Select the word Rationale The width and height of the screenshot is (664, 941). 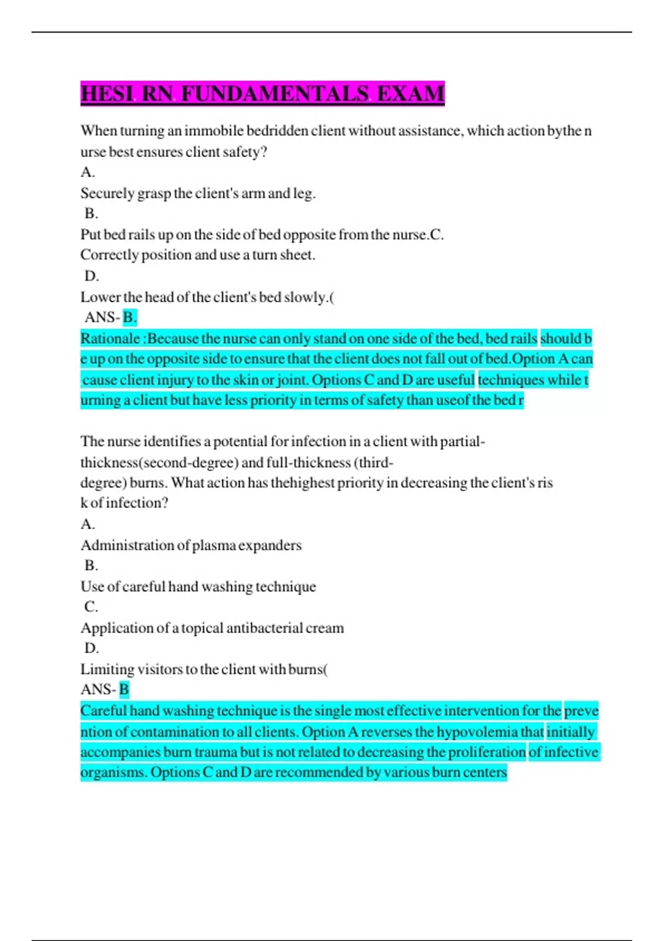pos(110,338)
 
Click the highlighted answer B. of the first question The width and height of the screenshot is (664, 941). pos(129,317)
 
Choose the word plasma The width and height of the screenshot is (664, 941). pos(214,545)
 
